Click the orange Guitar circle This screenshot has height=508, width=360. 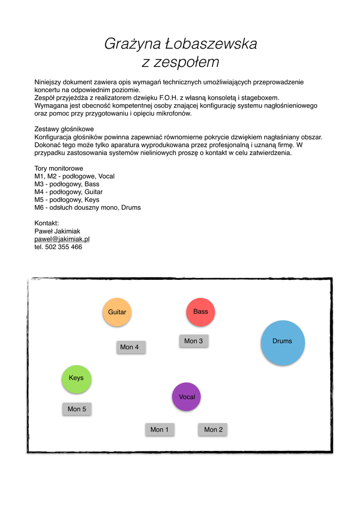[117, 312]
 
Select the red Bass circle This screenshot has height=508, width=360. [201, 312]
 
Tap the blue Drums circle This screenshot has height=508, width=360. [283, 342]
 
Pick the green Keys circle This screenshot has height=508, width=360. [76, 378]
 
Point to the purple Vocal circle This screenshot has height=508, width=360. [187, 397]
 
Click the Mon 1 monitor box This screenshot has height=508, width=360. [159, 430]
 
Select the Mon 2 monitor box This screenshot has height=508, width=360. [213, 430]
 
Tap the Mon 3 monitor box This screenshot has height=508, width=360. [194, 341]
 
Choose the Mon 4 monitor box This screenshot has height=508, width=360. [130, 347]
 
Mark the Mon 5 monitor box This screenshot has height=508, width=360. [77, 409]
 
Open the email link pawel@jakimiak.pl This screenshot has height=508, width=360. [62, 239]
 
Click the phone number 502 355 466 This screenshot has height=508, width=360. [63, 247]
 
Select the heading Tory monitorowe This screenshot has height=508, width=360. [59, 168]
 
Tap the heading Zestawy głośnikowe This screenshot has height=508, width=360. [64, 129]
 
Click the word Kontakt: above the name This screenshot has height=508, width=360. [47, 223]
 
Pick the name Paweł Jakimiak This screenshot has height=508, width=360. [57, 231]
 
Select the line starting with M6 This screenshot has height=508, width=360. [87, 207]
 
